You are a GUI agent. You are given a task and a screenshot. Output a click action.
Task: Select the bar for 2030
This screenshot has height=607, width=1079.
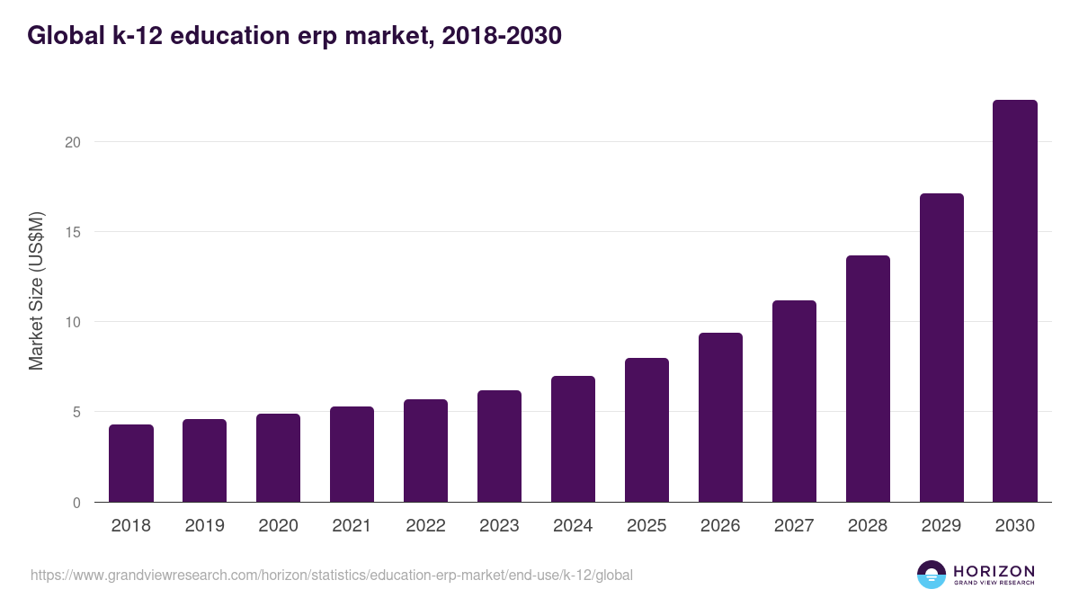[1014, 301]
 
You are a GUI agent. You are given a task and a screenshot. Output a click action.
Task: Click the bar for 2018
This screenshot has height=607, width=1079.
[131, 463]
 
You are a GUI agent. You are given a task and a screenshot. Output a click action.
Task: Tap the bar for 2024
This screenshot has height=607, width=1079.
[573, 439]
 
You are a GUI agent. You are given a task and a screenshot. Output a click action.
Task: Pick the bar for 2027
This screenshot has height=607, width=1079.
[794, 401]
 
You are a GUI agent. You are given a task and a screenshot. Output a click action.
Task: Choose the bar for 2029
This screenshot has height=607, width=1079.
[941, 348]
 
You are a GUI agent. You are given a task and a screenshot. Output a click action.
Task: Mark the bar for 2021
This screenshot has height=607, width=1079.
[352, 454]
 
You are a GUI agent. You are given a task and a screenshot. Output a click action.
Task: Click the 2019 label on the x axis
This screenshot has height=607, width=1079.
[205, 526]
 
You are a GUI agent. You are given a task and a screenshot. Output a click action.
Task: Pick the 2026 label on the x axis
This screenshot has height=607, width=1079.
[720, 526]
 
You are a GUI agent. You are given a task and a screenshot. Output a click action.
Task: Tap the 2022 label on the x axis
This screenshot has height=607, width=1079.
[425, 526]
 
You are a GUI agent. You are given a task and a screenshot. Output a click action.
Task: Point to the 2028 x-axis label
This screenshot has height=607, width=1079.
[868, 526]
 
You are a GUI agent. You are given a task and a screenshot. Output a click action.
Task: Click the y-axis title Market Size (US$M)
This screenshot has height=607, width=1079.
[36, 290]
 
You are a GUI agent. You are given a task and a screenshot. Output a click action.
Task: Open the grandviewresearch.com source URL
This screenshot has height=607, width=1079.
[331, 575]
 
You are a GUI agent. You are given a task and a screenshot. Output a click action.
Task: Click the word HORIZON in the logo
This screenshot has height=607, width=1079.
[994, 570]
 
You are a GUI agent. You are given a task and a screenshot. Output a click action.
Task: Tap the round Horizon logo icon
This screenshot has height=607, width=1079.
[932, 575]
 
